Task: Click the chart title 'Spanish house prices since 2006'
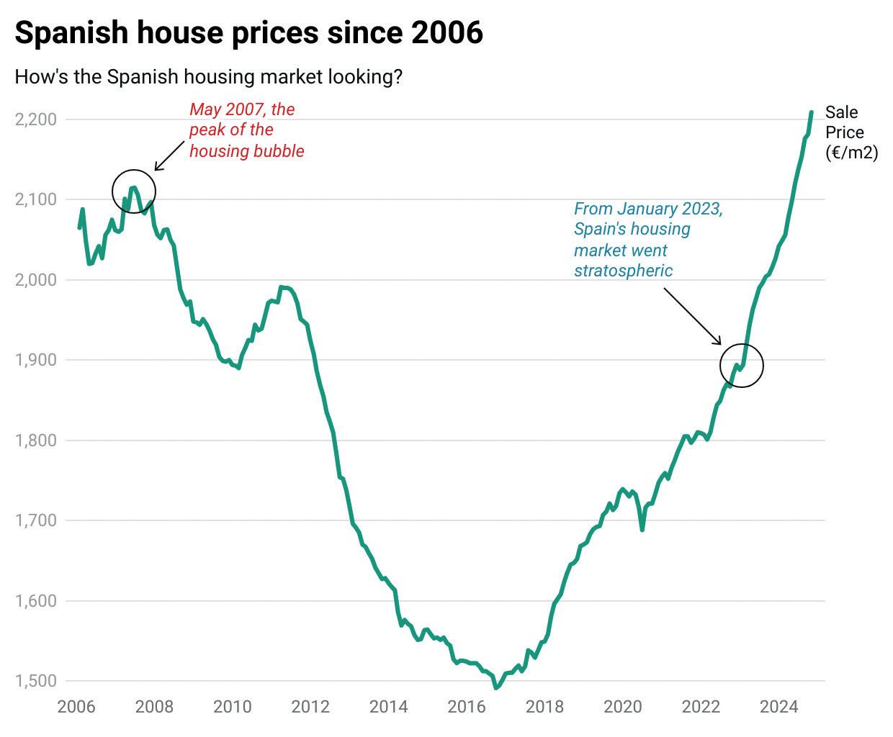248,33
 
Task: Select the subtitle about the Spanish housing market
208,76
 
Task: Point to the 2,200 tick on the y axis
35,119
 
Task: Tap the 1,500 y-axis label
35,681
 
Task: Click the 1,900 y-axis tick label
35,360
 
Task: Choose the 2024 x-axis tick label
779,707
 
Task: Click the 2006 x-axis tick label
76,707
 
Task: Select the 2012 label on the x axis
310,707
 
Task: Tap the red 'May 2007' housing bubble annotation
246,130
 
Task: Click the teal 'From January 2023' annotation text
647,239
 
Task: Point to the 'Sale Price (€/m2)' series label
851,132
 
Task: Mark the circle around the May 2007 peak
134,191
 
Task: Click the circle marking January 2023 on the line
742,366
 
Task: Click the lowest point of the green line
495,688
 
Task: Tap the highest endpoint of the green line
812,112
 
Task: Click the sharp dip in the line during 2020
642,530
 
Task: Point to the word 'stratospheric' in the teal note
623,271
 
